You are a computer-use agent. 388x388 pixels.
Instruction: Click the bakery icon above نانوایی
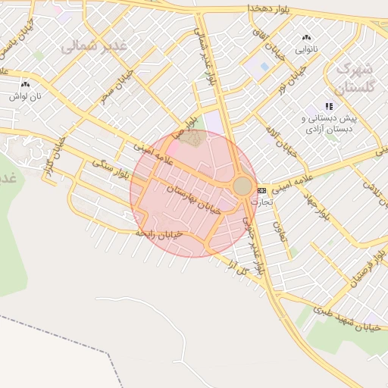(x=306, y=37)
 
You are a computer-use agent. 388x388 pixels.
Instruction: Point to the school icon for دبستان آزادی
(x=328, y=106)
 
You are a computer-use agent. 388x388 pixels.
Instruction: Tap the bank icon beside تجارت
(x=261, y=189)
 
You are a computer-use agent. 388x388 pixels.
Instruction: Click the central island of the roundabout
(x=242, y=186)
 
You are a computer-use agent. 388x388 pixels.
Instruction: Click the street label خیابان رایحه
(x=158, y=235)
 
